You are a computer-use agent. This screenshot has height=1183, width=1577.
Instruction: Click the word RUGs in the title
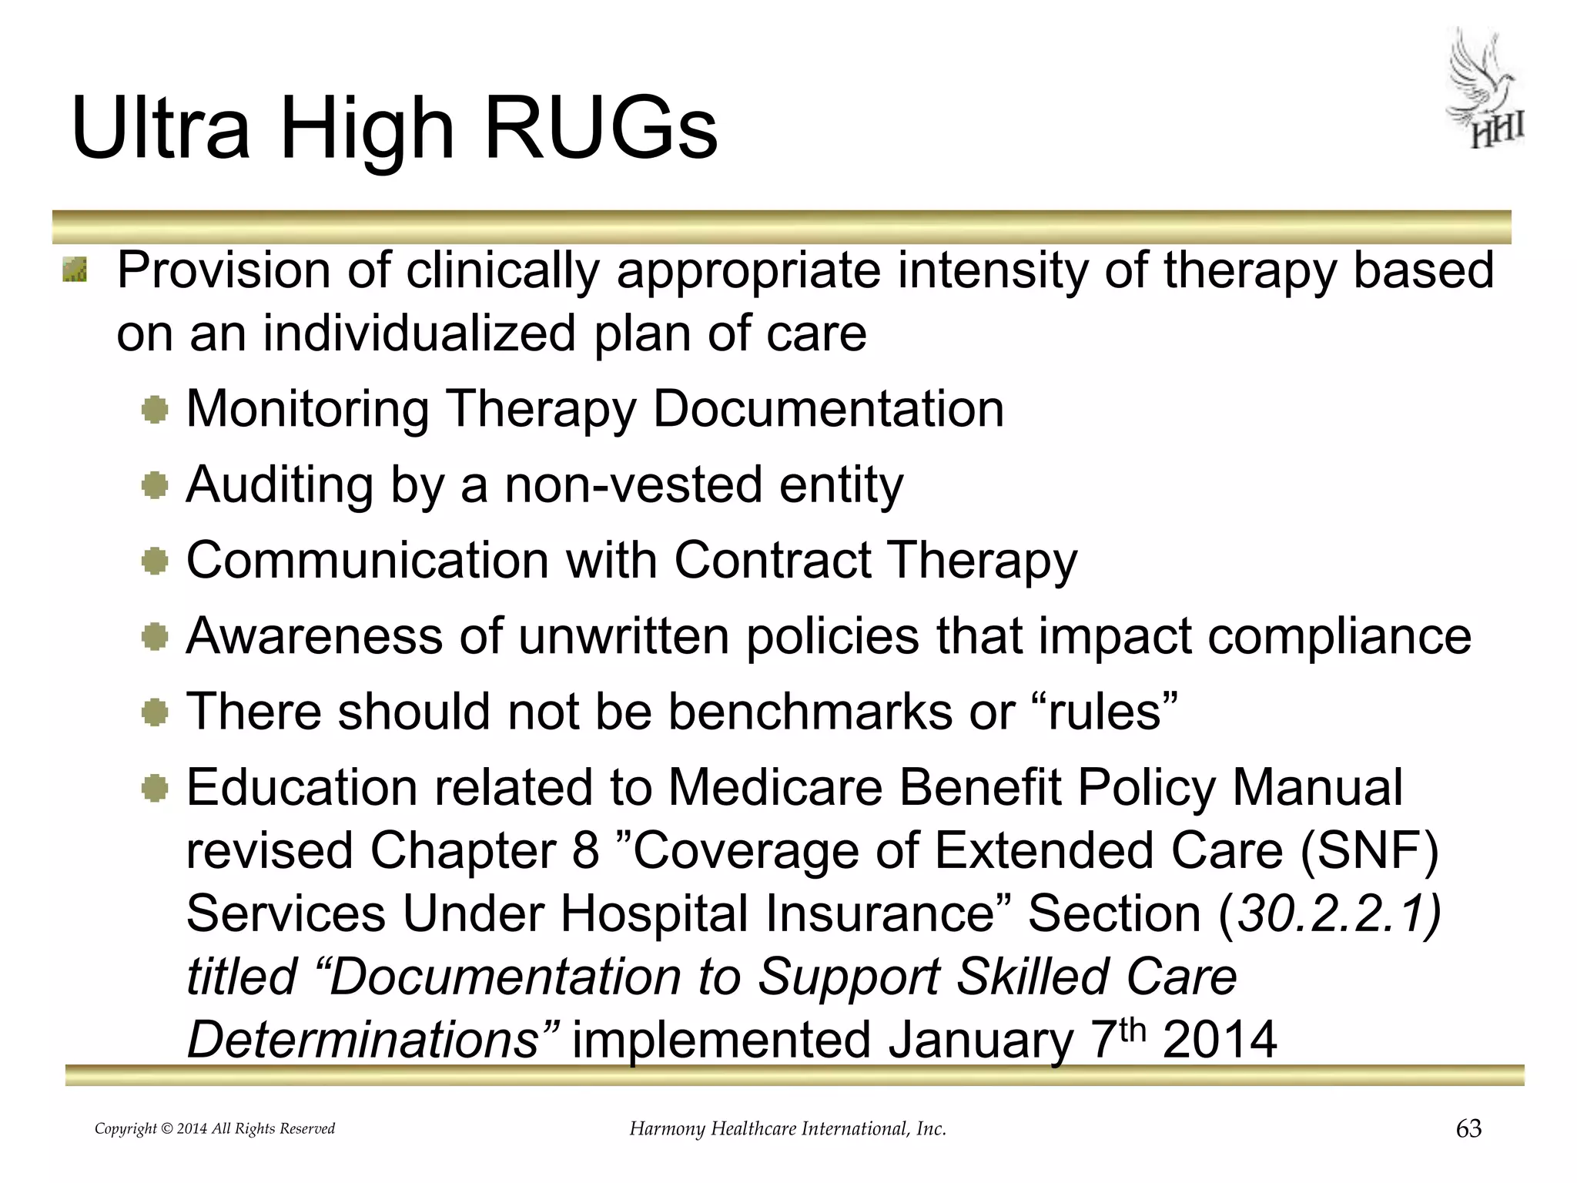600,129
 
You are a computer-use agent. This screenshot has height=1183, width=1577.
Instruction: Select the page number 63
1468,1128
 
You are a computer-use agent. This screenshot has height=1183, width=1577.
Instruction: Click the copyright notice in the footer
214,1128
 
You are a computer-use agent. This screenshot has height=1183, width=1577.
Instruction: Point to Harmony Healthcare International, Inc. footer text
787,1128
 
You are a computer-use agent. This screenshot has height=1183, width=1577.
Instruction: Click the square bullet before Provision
75,270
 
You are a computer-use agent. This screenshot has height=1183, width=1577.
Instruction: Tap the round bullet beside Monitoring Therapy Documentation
155,409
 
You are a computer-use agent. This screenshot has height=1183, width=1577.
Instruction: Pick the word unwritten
623,635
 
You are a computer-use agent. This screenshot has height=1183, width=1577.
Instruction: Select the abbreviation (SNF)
1369,850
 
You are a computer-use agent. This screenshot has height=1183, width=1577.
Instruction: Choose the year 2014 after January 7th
1220,1040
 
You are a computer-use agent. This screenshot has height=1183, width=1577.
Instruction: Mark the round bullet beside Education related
155,788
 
